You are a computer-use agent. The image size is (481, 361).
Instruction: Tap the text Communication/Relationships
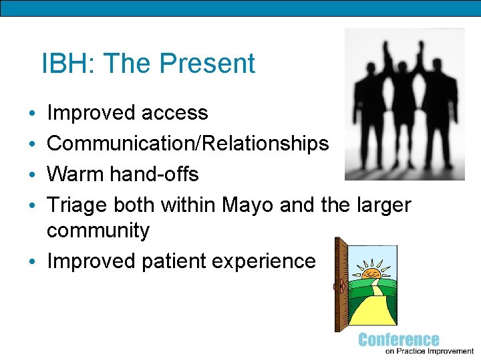pos(188,144)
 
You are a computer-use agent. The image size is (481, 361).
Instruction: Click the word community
pos(98,231)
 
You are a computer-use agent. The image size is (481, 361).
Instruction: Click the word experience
pos(264,261)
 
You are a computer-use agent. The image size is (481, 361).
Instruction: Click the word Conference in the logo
pos(399,340)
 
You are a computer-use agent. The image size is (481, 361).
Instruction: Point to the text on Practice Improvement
pos(430,351)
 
